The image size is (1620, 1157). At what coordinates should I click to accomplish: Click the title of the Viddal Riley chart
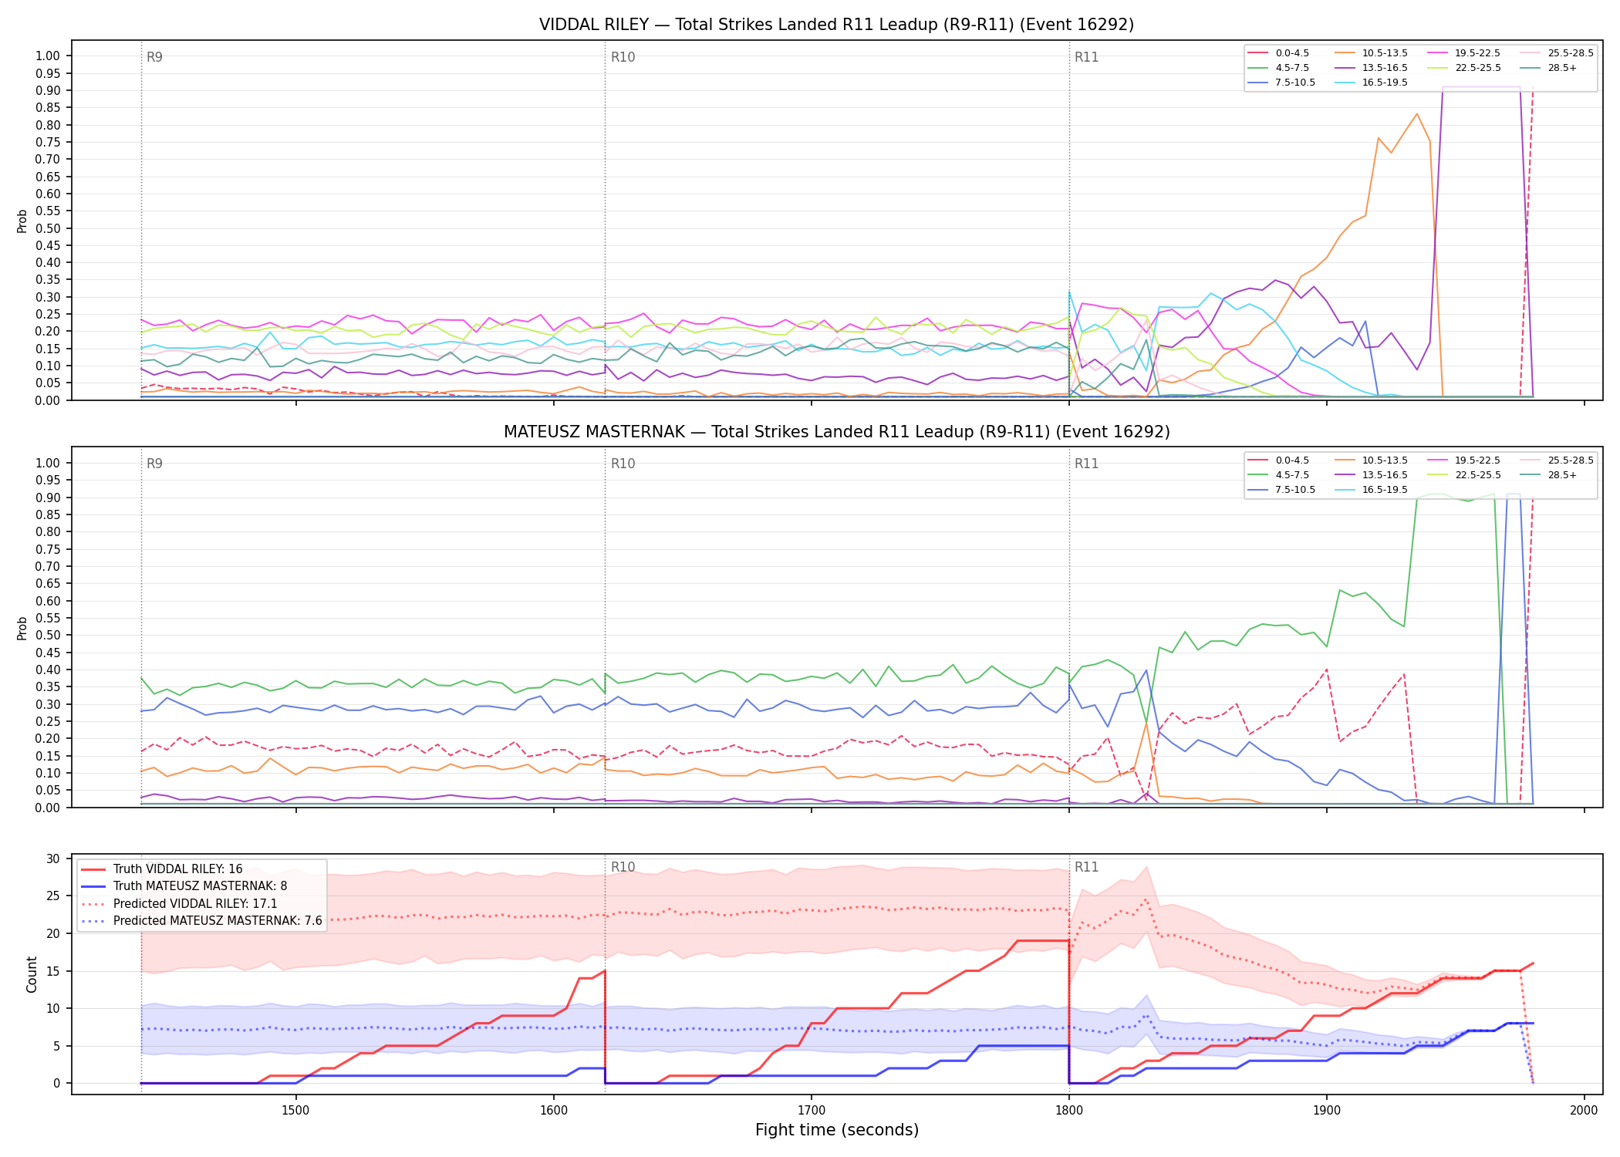(x=836, y=25)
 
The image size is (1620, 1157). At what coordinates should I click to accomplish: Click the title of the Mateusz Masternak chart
(x=836, y=432)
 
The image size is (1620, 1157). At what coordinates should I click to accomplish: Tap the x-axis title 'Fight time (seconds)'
(x=837, y=1130)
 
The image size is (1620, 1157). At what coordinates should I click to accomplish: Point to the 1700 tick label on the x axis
(x=811, y=1110)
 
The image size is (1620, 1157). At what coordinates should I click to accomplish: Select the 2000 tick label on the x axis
(x=1584, y=1110)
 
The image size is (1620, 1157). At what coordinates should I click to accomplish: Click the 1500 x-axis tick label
(x=295, y=1110)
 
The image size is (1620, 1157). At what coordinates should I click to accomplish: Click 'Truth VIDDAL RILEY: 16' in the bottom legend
(x=177, y=869)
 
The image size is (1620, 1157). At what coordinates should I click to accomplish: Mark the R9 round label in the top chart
(x=154, y=57)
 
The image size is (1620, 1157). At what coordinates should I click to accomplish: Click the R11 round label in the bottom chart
(x=1086, y=867)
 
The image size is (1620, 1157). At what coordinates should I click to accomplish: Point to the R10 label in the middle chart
(x=623, y=464)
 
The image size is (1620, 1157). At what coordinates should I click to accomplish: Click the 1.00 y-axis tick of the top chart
(x=48, y=56)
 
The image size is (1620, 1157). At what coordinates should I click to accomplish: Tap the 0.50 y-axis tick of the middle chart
(x=48, y=636)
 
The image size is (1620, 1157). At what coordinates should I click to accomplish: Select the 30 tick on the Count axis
(x=53, y=859)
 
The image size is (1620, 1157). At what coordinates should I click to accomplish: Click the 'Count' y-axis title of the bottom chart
(x=32, y=974)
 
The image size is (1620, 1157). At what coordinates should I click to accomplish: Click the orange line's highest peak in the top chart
(x=1416, y=114)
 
